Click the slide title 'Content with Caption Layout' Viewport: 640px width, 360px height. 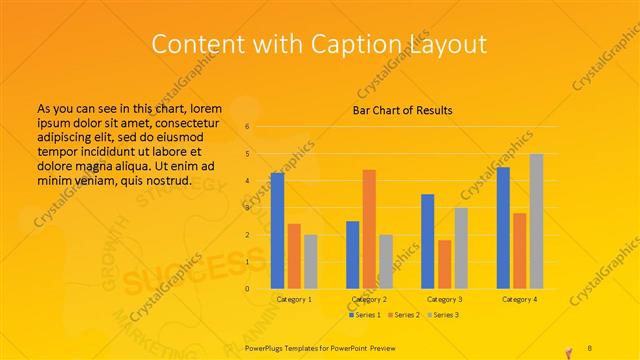pos(319,44)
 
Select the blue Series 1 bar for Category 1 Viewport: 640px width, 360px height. pos(277,230)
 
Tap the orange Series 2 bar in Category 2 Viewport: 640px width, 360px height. pos(369,229)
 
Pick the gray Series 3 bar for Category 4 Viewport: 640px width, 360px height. pos(536,221)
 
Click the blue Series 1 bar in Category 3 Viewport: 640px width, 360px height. pos(428,241)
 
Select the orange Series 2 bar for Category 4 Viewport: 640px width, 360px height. pos(520,251)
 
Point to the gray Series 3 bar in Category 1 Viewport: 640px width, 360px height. pos(310,261)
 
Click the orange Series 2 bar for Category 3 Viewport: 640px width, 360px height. pos(444,264)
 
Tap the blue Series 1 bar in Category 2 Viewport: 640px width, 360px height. pos(353,254)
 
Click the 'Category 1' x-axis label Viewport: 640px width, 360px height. pos(294,299)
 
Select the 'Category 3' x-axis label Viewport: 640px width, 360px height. pos(444,299)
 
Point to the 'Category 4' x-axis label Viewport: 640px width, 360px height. pos(520,299)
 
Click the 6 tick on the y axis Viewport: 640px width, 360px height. pos(247,127)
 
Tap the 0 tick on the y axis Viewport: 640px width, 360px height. pos(247,289)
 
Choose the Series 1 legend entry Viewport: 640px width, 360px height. pos(365,315)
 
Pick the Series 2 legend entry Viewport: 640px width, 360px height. pos(404,315)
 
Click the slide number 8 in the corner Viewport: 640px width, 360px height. pos(589,347)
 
